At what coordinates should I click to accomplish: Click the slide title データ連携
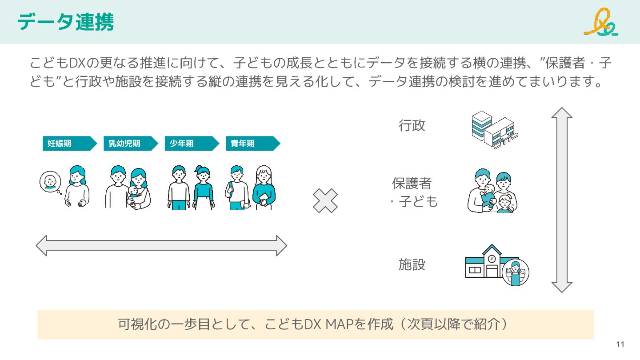(65, 22)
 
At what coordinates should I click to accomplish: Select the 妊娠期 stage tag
(69, 144)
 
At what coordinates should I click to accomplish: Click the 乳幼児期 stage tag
(130, 144)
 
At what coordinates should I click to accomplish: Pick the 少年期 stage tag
(192, 144)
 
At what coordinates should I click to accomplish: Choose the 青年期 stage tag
(252, 144)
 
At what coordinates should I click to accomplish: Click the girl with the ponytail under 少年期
(203, 188)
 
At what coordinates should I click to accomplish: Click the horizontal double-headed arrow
(161, 245)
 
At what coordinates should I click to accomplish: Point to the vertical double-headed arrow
(562, 200)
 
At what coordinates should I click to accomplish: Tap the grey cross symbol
(325, 200)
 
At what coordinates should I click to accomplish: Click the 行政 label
(412, 126)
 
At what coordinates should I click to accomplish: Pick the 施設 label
(412, 265)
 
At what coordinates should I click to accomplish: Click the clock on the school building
(492, 258)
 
